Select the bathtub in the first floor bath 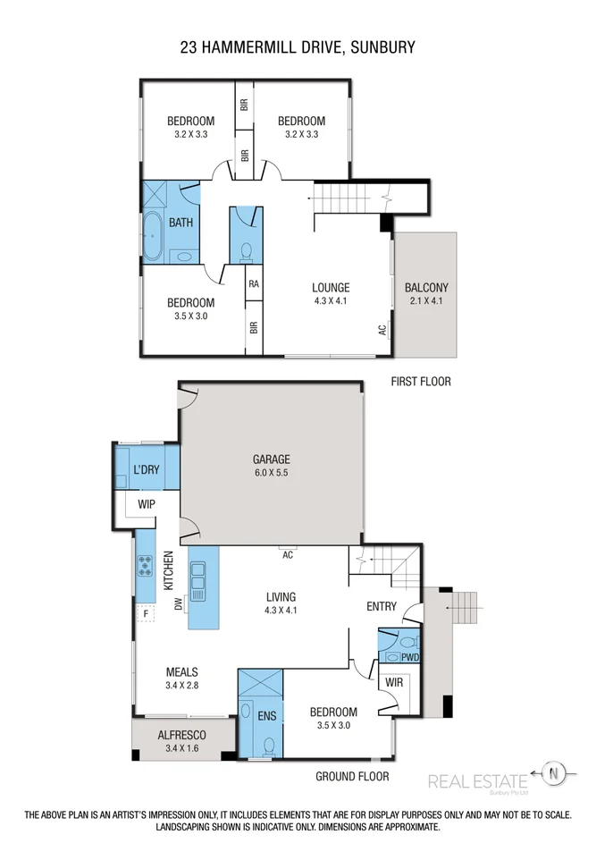pyautogui.click(x=151, y=236)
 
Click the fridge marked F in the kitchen pyautogui.click(x=143, y=614)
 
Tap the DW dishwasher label pyautogui.click(x=179, y=604)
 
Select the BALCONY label pyautogui.click(x=425, y=288)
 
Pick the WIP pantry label pyautogui.click(x=147, y=505)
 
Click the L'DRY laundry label pyautogui.click(x=147, y=470)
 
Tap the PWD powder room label pyautogui.click(x=410, y=658)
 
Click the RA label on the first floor pyautogui.click(x=254, y=284)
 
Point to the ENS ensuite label pyautogui.click(x=267, y=715)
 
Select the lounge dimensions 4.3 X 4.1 pyautogui.click(x=330, y=301)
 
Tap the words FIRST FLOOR pyautogui.click(x=421, y=382)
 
